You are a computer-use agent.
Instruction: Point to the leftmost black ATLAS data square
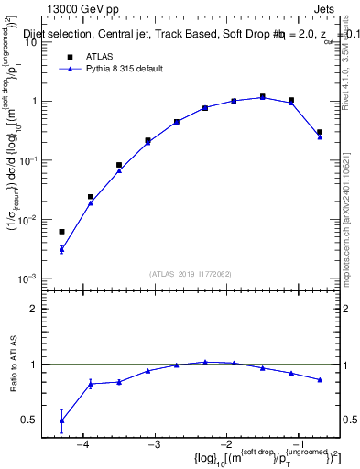(x=62, y=232)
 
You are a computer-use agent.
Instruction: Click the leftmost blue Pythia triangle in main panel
(x=62, y=249)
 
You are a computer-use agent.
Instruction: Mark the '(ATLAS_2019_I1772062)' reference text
(x=191, y=273)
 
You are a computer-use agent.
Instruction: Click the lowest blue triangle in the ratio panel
(x=62, y=420)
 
